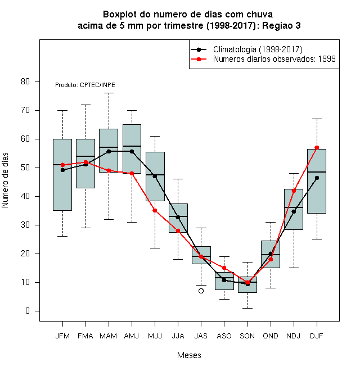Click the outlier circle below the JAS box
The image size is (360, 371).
(201, 291)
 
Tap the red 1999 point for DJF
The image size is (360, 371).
(317, 147)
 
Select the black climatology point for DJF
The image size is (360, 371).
(317, 178)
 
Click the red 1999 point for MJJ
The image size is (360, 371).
(155, 211)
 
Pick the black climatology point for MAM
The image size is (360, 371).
(109, 151)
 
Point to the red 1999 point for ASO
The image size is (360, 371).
(224, 268)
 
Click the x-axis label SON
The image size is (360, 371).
(247, 336)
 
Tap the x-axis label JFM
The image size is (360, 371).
(62, 336)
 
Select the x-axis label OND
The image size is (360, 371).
(271, 336)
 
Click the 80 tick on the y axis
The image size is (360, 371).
(25, 82)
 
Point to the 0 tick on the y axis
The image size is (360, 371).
(28, 311)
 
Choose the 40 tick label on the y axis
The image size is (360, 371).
(25, 196)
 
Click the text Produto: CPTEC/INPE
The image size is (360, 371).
(85, 85)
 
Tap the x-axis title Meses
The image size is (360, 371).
(189, 355)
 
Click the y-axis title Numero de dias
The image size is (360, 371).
(5, 180)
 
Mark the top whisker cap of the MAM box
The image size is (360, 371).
(109, 93)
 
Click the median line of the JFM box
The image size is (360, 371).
(62, 165)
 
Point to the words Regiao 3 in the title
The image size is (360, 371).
(281, 25)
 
